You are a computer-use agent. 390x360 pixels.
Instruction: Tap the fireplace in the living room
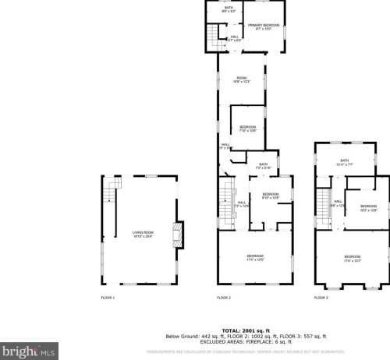click(178, 234)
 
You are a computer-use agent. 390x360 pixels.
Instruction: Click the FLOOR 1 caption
click(108, 298)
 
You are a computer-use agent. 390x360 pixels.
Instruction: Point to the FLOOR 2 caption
click(224, 298)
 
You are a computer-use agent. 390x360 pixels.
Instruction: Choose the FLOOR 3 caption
click(321, 298)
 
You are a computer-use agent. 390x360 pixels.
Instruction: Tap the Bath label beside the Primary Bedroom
click(229, 10)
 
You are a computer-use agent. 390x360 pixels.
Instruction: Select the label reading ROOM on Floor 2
click(242, 79)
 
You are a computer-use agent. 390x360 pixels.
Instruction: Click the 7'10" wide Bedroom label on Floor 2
click(247, 128)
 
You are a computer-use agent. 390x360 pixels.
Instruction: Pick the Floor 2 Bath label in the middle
click(263, 165)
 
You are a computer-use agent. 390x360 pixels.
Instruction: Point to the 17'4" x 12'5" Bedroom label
click(255, 257)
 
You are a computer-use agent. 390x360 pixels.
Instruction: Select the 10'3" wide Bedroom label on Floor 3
click(368, 207)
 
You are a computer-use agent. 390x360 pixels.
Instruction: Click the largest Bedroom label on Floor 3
click(353, 258)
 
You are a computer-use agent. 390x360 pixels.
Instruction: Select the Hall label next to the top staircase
click(235, 37)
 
